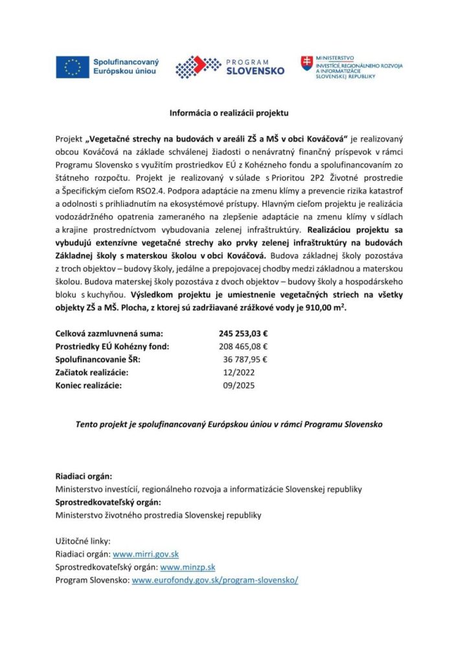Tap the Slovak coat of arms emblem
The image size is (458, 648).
(306, 63)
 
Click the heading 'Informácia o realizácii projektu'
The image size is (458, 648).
(229, 112)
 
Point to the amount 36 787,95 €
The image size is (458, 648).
(246, 360)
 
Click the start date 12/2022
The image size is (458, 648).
(238, 373)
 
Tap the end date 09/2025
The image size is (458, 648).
(238, 386)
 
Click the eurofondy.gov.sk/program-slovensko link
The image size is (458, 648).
(215, 580)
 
